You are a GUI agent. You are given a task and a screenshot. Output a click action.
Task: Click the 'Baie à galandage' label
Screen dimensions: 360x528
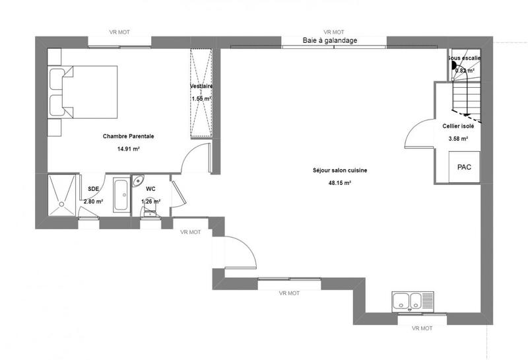click(x=329, y=40)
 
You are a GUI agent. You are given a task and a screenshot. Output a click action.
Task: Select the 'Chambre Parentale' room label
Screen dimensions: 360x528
click(x=129, y=137)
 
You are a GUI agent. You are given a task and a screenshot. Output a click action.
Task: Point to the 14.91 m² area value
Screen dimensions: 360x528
click(x=128, y=149)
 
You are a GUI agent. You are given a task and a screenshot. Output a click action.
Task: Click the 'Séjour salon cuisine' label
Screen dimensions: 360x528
click(x=340, y=170)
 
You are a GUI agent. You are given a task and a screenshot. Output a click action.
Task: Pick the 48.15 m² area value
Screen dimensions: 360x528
click(x=340, y=182)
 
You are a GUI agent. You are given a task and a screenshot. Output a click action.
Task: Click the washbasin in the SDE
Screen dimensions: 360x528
click(x=121, y=196)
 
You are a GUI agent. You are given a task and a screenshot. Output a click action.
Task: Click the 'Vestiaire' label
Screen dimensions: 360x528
click(x=201, y=87)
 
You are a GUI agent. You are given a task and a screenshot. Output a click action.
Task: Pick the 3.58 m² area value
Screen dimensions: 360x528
click(x=458, y=139)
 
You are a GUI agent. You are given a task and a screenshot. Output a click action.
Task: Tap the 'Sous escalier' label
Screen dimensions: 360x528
click(x=465, y=58)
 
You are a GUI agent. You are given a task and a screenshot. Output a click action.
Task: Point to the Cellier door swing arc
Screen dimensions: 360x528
click(x=415, y=135)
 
